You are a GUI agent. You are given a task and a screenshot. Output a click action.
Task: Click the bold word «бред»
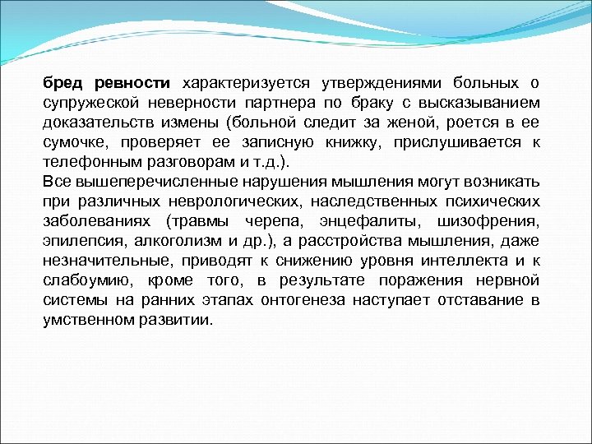coord(62,83)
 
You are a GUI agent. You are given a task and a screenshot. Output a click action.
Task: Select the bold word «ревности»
coord(132,83)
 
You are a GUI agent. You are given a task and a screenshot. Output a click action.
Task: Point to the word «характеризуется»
coord(245,83)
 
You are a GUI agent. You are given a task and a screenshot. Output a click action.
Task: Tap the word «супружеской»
coord(92,103)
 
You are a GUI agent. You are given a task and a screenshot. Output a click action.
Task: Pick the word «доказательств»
coord(97,123)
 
